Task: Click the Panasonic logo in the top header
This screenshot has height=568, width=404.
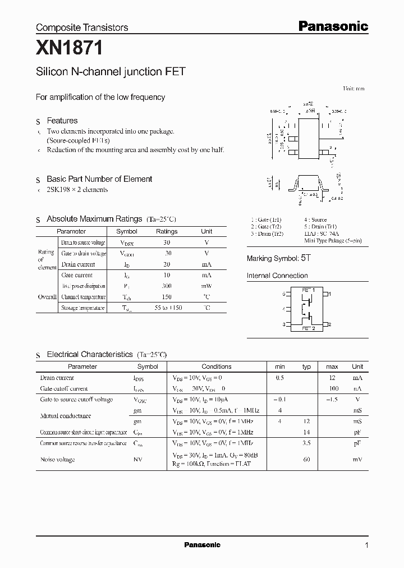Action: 332,26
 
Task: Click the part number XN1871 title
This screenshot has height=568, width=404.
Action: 69,49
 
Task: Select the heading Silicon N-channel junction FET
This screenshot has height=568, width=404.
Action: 111,72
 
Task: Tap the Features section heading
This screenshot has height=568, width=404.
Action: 62,121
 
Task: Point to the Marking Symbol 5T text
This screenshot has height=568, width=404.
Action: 278,258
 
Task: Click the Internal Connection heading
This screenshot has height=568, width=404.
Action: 277,276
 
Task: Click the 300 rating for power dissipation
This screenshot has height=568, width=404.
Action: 166,286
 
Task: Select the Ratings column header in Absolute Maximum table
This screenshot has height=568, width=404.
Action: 167,231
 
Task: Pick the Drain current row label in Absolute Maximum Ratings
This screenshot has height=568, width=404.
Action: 78,264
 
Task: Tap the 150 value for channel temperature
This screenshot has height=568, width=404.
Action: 166,297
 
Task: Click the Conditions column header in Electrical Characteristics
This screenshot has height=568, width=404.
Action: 216,367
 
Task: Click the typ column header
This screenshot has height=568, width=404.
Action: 306,367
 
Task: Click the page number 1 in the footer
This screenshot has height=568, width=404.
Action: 366,546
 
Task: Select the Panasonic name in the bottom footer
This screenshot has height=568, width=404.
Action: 202,545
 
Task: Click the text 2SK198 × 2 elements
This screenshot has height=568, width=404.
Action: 77,190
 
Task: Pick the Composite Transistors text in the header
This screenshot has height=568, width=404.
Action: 82,27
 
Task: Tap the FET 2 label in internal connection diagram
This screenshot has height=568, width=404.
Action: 308,328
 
